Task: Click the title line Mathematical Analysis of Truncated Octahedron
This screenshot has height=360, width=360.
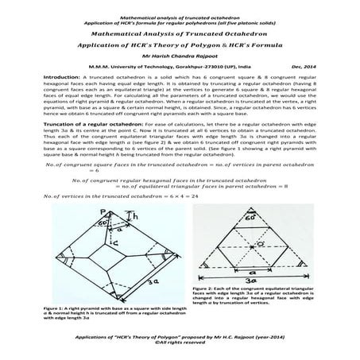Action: coord(180,35)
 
